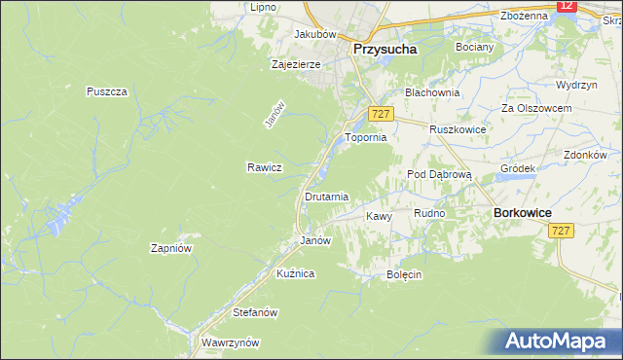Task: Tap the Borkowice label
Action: click(x=523, y=212)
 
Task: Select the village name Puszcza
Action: click(x=107, y=91)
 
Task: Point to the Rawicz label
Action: click(x=264, y=167)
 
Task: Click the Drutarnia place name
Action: click(x=326, y=197)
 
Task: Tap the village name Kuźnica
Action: click(x=295, y=274)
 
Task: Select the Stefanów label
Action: click(x=256, y=313)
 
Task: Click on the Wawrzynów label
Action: click(x=230, y=342)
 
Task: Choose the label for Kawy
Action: click(x=379, y=216)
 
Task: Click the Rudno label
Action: click(x=429, y=213)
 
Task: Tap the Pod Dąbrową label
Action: click(x=439, y=174)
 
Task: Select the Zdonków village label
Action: click(x=585, y=155)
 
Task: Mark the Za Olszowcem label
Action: click(x=534, y=107)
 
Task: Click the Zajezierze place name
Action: click(x=296, y=65)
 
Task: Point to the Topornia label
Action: click(x=366, y=138)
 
